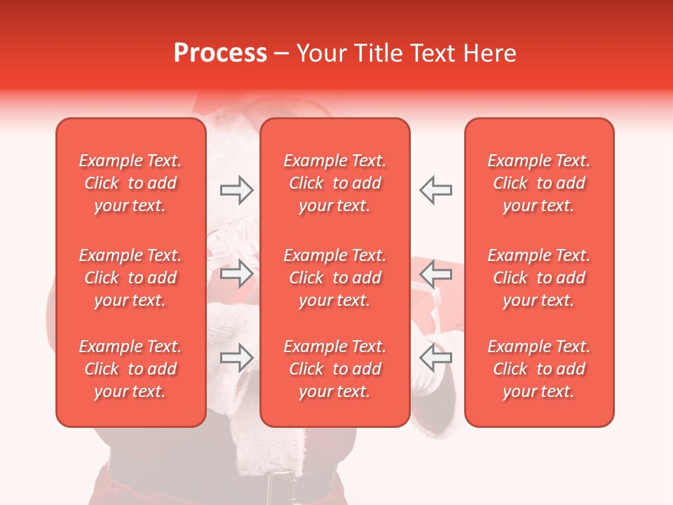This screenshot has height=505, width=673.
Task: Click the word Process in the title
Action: click(220, 53)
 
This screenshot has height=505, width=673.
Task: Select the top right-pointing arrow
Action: click(237, 190)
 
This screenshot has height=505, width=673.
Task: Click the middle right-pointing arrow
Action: click(237, 274)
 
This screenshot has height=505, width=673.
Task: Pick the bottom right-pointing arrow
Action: click(237, 358)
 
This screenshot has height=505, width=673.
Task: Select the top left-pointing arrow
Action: click(435, 190)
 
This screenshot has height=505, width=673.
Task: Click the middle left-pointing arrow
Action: click(435, 274)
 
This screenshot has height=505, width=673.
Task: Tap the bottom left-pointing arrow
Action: click(435, 358)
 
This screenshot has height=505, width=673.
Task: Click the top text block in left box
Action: click(130, 183)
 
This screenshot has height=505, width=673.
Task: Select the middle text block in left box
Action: click(130, 278)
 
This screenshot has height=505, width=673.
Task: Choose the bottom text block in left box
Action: click(130, 369)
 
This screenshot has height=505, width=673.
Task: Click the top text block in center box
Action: click(334, 183)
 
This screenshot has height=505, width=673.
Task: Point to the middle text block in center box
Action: click(334, 278)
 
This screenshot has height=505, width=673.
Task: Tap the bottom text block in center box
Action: click(334, 369)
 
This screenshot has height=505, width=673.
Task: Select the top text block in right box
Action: click(538, 183)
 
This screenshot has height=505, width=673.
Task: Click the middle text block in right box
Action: click(538, 278)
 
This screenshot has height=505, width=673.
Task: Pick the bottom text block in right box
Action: click(538, 369)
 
